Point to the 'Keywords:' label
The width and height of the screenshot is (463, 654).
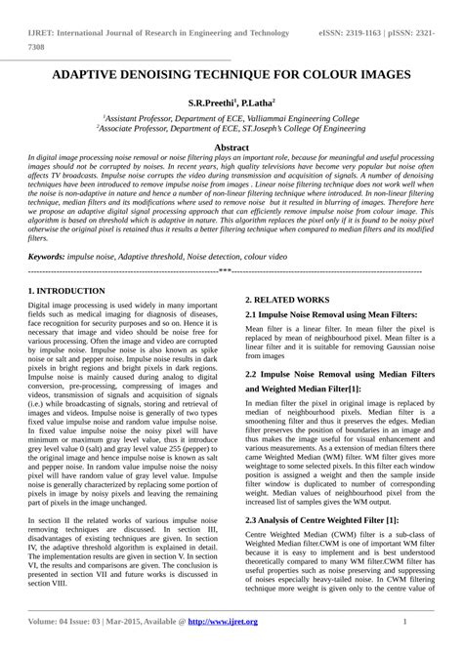tap(46, 256)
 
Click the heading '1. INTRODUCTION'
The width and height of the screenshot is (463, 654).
tap(66, 291)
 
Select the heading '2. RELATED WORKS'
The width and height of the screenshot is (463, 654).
tap(287, 300)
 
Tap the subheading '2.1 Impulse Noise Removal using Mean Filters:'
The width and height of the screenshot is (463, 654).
tap(331, 314)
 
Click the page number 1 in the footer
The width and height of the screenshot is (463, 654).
tap(404, 622)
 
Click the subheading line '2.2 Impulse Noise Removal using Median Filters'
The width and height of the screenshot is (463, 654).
tap(339, 374)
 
